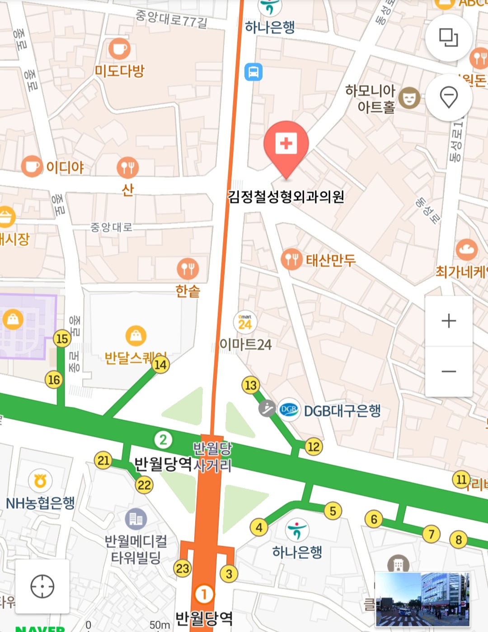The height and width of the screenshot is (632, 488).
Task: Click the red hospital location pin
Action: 286,145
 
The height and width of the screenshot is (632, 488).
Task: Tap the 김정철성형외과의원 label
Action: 286,197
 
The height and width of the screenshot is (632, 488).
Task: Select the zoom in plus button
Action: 449,321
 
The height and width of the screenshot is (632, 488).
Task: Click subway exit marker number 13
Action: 250,385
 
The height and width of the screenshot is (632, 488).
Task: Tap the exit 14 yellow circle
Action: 160,364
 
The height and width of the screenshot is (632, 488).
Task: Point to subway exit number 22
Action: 144,485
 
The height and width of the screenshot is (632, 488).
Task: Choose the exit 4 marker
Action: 259,527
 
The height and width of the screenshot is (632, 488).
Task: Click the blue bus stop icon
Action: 253,72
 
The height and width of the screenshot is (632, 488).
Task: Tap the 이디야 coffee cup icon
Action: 32,166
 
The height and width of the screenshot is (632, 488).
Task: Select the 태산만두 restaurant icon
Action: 291,259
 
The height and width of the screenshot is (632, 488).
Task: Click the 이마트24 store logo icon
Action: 245,322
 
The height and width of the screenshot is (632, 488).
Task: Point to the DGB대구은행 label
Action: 342,410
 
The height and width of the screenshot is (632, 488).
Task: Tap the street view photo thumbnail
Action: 422,599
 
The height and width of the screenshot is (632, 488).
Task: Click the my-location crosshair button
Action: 42,586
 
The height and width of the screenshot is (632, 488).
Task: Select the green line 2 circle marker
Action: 163,439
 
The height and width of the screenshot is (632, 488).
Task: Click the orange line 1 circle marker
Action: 204,594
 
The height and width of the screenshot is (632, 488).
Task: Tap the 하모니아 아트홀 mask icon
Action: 409,98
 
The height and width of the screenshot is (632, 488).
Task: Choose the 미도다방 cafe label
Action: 119,71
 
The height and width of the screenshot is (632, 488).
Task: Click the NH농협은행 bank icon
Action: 40,481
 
